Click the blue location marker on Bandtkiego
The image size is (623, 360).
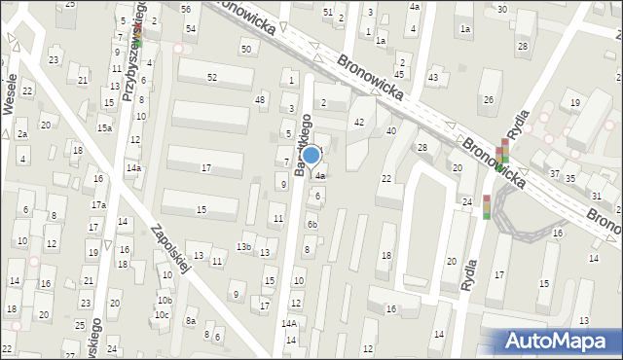click(311, 155)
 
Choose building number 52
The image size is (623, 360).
click(211, 76)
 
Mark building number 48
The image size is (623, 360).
click(260, 99)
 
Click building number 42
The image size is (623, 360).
click(359, 122)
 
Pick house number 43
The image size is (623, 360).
click(433, 77)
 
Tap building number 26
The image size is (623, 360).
click(488, 99)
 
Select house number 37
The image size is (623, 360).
click(554, 174)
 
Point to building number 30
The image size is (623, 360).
click(501, 9)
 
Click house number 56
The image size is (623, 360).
click(186, 8)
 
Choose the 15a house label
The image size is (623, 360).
click(104, 127)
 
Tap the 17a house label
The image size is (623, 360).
click(98, 205)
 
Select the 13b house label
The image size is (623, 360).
click(244, 247)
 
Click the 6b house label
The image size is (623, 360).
click(311, 224)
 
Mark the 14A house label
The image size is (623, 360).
click(289, 323)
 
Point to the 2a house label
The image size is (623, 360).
click(21, 134)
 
